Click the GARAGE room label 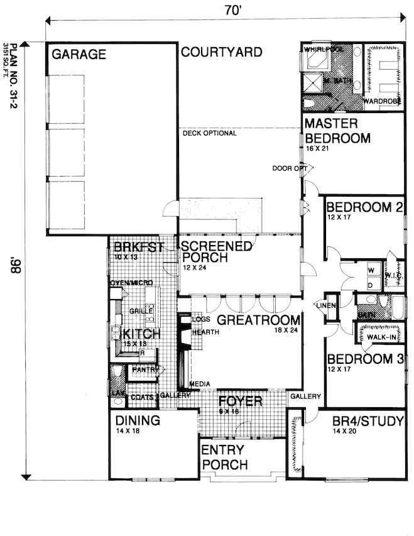pos(79,55)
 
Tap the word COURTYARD pos(221,52)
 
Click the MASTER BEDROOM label pos(337,131)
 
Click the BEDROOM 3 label pos(364,359)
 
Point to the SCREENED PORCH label pos(217,252)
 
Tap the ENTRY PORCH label pos(225,458)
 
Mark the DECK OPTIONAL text pos(210,133)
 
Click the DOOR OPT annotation pos(290,168)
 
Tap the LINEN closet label pos(327,305)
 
